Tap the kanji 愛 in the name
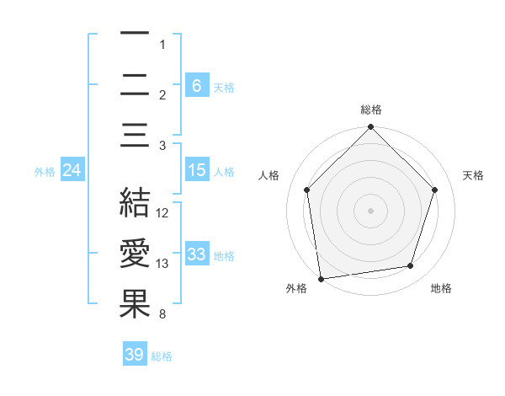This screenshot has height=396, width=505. pos(135,254)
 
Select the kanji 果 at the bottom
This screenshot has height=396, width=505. pos(135,304)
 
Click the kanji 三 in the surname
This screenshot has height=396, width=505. pos(135,136)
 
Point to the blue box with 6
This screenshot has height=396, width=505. pos(196,85)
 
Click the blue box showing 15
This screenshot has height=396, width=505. pos(196,170)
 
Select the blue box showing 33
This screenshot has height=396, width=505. pos(196,254)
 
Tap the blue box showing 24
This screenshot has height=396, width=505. pos(72,170)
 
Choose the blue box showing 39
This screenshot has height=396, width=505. pos(134,355)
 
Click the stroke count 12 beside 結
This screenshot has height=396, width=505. pos(163,213)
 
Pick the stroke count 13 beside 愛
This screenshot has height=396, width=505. pos(163,264)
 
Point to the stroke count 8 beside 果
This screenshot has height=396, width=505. pos(161,315)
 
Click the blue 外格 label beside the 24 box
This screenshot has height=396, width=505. pos(45,171)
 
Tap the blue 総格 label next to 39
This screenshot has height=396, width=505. pos(162,356)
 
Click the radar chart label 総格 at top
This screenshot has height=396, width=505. pos(371,110)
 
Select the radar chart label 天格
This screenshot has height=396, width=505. pos(474,175)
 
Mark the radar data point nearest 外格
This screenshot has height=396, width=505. pos(321,278)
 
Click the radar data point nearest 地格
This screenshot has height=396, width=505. pos(411,265)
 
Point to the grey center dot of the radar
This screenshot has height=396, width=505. pos(371,210)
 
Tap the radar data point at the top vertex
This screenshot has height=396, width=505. pos(371,128)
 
